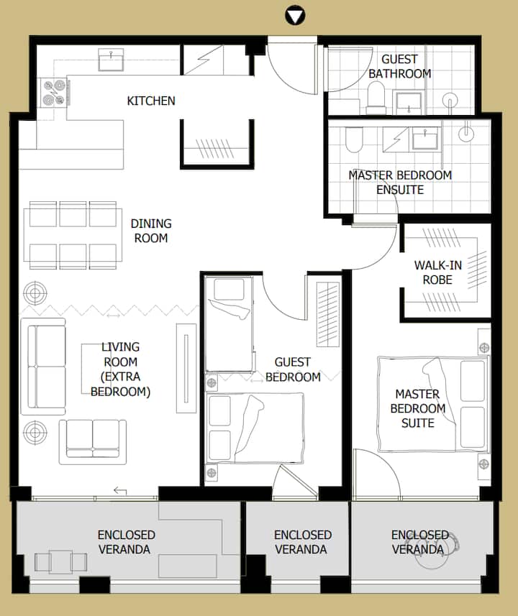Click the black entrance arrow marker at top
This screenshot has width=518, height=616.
[x=294, y=16]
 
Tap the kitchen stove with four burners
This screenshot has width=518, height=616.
[x=55, y=93]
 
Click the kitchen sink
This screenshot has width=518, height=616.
[x=111, y=60]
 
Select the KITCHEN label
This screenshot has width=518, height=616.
[x=151, y=101]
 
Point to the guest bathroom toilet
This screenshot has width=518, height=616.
[x=376, y=97]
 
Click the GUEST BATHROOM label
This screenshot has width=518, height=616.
[x=399, y=66]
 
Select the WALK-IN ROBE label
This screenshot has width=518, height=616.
[x=437, y=272]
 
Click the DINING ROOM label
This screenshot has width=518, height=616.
[x=151, y=231]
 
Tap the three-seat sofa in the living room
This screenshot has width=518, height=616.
[x=43, y=366]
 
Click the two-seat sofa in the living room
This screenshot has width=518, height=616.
[x=93, y=442]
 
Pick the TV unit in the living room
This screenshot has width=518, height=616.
[x=186, y=368]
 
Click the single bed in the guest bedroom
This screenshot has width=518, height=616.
[x=229, y=324]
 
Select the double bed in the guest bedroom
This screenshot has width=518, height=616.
[x=255, y=428]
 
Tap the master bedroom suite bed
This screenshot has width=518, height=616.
[x=433, y=404]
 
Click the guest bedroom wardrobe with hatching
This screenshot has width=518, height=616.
[x=328, y=314]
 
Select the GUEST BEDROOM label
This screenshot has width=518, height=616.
[x=293, y=369]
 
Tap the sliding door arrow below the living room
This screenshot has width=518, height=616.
[x=120, y=491]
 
